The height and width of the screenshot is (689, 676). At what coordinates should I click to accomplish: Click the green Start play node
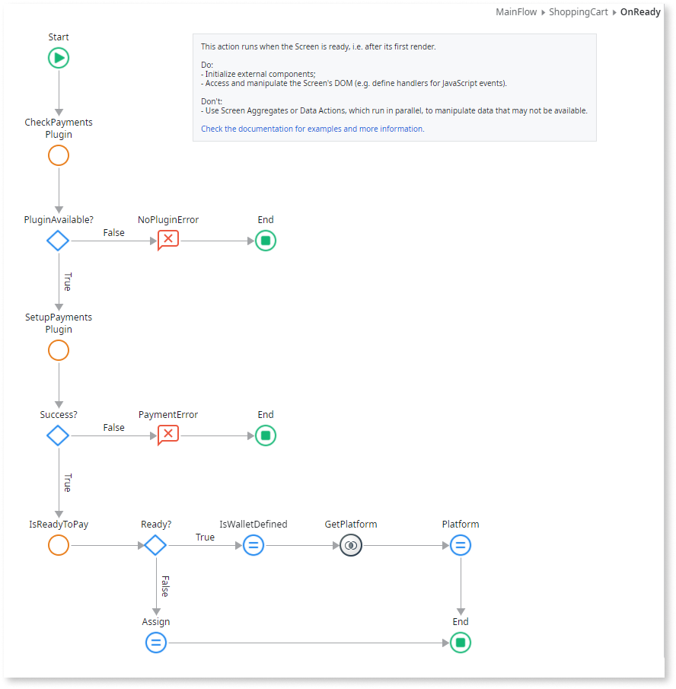pos(59,58)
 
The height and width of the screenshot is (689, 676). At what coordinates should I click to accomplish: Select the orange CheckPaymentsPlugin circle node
pos(59,155)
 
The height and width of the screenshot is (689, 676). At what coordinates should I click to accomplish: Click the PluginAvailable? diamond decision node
pos(58,241)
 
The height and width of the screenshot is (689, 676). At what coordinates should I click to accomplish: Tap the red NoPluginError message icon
pos(168,241)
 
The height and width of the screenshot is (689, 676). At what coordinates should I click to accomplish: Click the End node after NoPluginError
pos(266,241)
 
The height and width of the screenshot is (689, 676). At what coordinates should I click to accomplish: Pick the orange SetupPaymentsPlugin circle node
pos(59,350)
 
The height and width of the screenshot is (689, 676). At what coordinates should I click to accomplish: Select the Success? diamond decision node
pos(58,435)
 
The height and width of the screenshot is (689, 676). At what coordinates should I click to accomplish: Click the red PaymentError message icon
pos(168,435)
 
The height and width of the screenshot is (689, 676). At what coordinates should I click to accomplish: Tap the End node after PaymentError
pos(266,435)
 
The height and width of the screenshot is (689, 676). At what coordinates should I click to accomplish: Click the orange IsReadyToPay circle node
pos(59,545)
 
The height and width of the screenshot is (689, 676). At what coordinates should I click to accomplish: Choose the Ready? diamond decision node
pos(155,545)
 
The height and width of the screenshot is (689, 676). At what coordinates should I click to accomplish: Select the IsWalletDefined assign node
pos(253,545)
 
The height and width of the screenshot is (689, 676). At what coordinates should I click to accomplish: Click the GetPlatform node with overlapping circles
pos(351,545)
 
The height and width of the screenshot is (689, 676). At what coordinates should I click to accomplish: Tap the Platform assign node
pos(461,545)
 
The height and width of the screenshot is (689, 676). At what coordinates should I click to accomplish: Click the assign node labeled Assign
pos(156,643)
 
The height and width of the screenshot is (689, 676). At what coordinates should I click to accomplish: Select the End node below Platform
pos(461,643)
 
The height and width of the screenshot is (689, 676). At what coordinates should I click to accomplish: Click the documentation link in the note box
pos(312,129)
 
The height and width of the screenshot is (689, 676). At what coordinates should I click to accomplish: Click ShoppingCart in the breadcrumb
pos(579,13)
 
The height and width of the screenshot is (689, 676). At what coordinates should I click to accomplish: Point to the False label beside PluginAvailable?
pos(114,233)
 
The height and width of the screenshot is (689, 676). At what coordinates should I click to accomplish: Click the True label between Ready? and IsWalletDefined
pos(205,537)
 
